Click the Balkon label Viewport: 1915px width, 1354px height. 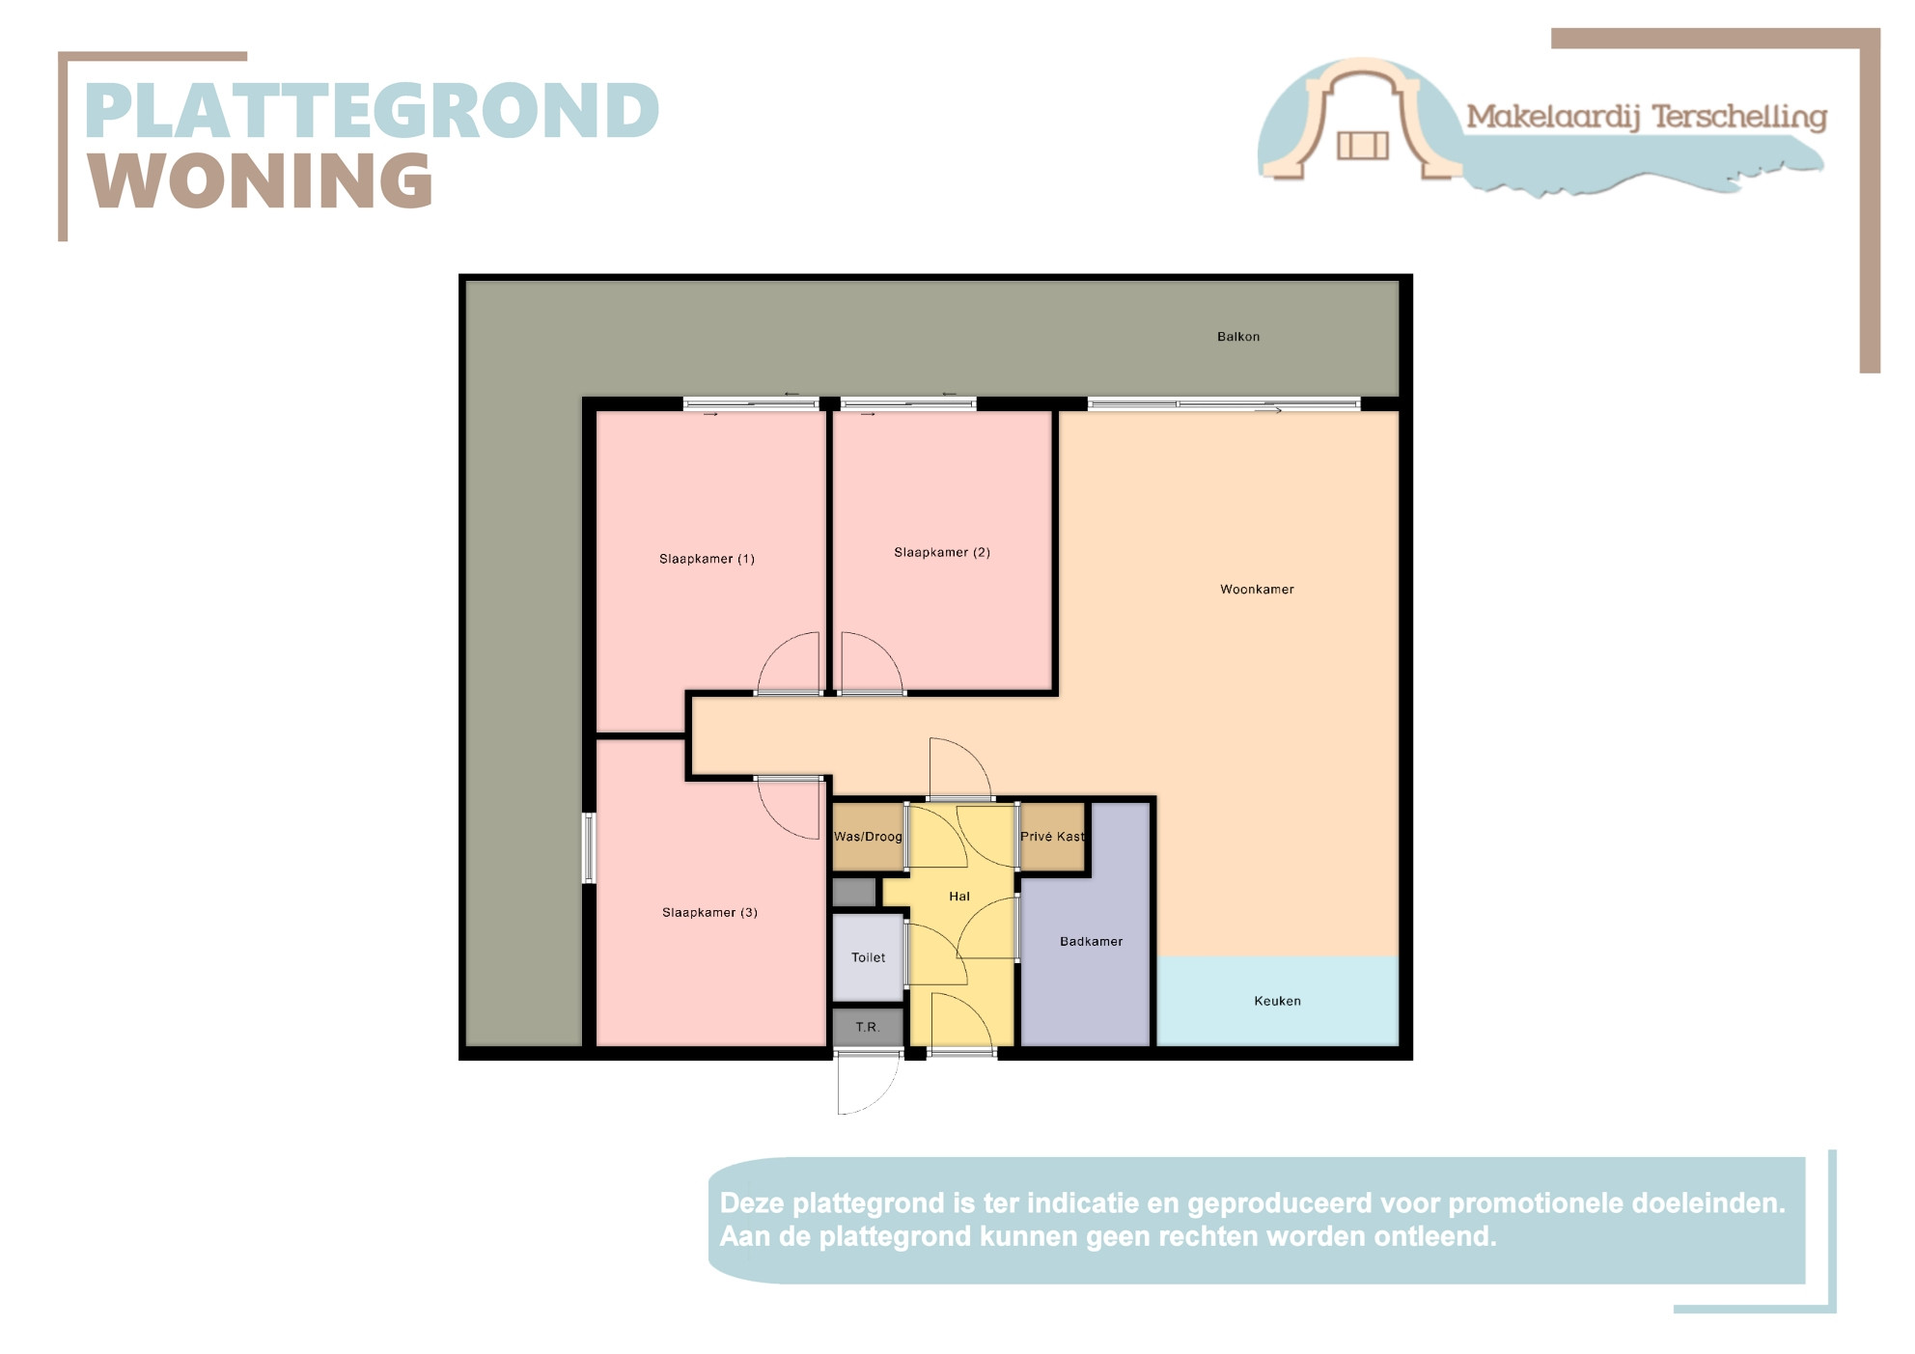pyautogui.click(x=1237, y=337)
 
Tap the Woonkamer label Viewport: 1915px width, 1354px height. pyautogui.click(x=1257, y=590)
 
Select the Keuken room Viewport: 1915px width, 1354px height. pyautogui.click(x=1277, y=1001)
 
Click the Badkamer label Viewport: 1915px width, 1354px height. pyautogui.click(x=1091, y=942)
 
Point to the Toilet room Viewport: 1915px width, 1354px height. pyautogui.click(x=868, y=957)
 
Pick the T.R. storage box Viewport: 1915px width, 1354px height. pyautogui.click(x=868, y=1027)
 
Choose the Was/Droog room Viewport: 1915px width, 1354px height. pyautogui.click(x=868, y=837)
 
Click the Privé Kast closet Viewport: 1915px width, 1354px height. pyautogui.click(x=1052, y=837)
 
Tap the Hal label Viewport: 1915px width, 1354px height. pyautogui.click(x=959, y=897)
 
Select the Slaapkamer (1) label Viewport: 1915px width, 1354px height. pyautogui.click(x=707, y=559)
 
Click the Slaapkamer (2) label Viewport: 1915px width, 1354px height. pyautogui.click(x=942, y=553)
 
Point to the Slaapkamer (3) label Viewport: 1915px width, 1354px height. pyautogui.click(x=709, y=913)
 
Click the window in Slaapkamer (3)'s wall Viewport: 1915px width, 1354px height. pyautogui.click(x=588, y=848)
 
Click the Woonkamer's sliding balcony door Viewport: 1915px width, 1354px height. pyautogui.click(x=1224, y=404)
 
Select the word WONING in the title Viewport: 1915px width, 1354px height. pyautogui.click(x=261, y=180)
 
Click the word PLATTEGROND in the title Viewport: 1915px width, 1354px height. pyautogui.click(x=372, y=110)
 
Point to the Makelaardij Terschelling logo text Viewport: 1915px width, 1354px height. pyautogui.click(x=1647, y=117)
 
